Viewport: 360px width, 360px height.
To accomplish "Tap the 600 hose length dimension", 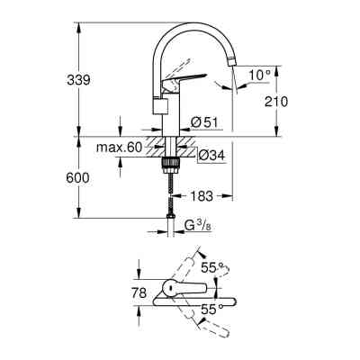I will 79,177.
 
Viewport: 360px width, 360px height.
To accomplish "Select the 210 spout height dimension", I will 276,101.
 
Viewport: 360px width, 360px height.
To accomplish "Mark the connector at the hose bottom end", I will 169,216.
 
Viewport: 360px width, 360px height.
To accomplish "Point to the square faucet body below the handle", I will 161,106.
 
